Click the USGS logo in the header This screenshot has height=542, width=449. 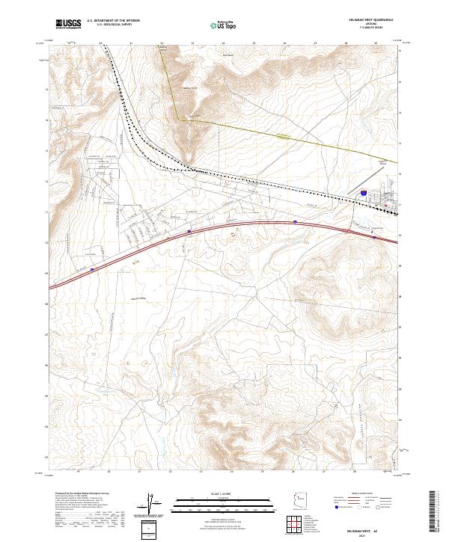pos(68,24)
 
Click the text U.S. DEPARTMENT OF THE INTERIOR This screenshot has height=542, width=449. pos(113,20)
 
